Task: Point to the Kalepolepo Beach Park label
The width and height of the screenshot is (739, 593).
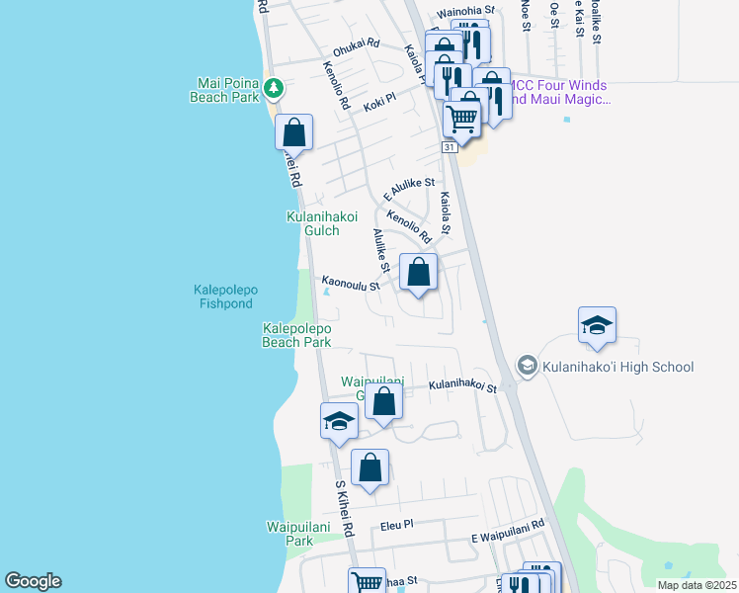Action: click(x=296, y=335)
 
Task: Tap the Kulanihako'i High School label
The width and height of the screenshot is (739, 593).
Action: click(x=617, y=367)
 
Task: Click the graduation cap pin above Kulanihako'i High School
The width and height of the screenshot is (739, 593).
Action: click(x=598, y=325)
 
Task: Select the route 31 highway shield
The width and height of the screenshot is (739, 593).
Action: click(x=449, y=146)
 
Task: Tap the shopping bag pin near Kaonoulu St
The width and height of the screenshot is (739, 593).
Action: click(x=418, y=272)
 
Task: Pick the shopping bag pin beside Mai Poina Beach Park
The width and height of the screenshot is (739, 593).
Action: click(x=293, y=131)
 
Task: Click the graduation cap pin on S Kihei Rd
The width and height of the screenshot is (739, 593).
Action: click(x=339, y=421)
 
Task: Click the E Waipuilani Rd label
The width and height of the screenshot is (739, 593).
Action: click(x=508, y=530)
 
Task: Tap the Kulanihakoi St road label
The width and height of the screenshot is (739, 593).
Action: click(x=461, y=386)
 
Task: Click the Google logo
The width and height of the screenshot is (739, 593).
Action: click(x=33, y=581)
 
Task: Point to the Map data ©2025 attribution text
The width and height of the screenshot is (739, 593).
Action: click(x=696, y=585)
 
